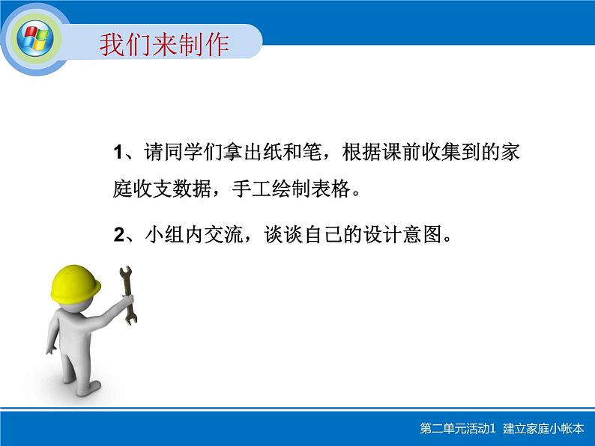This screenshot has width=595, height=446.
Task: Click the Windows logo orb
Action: point(34,38)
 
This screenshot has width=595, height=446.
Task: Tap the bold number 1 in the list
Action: point(118,153)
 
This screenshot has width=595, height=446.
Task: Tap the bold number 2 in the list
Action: point(118,236)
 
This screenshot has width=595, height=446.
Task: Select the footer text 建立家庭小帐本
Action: point(546,428)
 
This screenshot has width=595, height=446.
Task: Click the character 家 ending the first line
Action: point(510,153)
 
